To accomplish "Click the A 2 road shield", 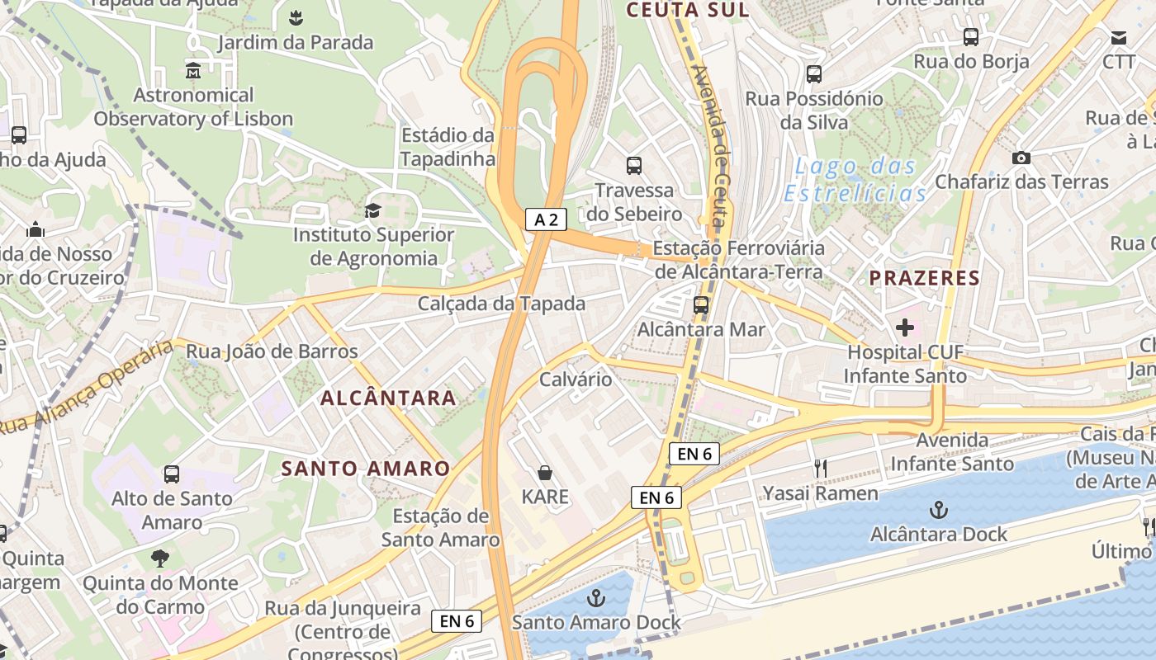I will coord(547,219).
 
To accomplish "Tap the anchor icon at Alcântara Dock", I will coord(939,509).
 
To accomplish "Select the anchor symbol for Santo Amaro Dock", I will coord(595,597).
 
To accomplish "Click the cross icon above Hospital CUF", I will coord(905,328).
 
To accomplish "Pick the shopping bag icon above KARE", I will coord(545,473).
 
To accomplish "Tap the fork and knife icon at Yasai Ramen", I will coord(820,469).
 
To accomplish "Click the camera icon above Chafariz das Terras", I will coord(1021,158).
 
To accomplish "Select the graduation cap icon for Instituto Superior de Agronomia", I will coord(373,211).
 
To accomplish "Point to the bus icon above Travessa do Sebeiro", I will coord(634,166).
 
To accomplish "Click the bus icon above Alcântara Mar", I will coord(701,305).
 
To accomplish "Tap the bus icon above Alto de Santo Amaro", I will coord(172,474).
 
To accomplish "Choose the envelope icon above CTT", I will coord(1119,38).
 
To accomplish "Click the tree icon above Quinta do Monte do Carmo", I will coord(160,559).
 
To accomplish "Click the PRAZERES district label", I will coord(924,278).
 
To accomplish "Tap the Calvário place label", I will coord(576,379).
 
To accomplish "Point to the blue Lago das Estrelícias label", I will coord(855,180).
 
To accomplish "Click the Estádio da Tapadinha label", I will coord(448,147).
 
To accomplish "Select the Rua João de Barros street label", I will coord(272,351).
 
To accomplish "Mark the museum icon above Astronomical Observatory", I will coord(193,71).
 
